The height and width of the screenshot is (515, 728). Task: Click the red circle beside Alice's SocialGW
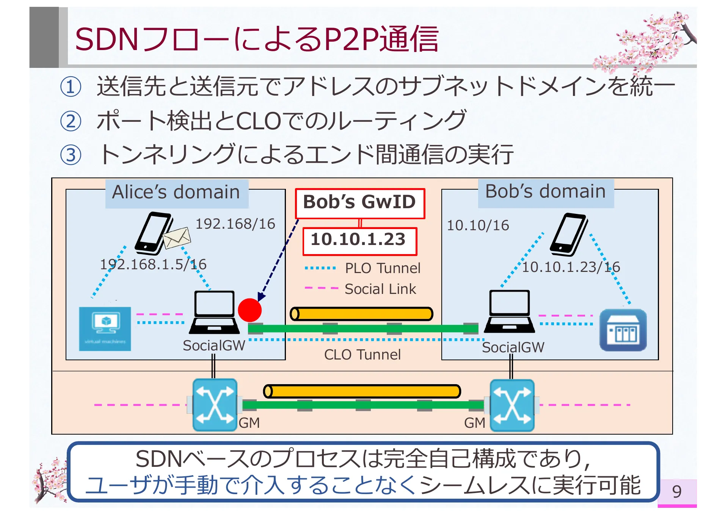tap(249, 310)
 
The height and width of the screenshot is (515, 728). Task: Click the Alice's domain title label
tap(176, 193)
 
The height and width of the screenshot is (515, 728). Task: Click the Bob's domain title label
tap(545, 192)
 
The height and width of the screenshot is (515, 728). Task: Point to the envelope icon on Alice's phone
tap(177, 237)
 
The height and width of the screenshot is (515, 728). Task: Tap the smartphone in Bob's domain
tap(569, 234)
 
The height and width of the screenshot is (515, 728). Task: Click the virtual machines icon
tap(105, 328)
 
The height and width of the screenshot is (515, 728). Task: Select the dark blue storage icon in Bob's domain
tap(623, 330)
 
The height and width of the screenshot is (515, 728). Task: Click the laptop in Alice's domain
tap(214, 312)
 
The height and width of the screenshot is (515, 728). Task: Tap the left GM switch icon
tap(215, 405)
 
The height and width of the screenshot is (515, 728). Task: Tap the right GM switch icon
tap(512, 405)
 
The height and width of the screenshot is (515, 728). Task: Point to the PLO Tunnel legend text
tap(382, 268)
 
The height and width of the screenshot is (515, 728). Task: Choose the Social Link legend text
tap(380, 289)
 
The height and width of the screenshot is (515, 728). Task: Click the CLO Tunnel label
tap(362, 355)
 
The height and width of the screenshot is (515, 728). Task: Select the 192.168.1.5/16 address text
tap(153, 264)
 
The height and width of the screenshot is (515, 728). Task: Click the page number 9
tap(677, 491)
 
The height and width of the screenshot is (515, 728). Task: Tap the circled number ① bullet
tap(71, 86)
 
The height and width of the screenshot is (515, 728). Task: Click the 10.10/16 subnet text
tap(478, 225)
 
